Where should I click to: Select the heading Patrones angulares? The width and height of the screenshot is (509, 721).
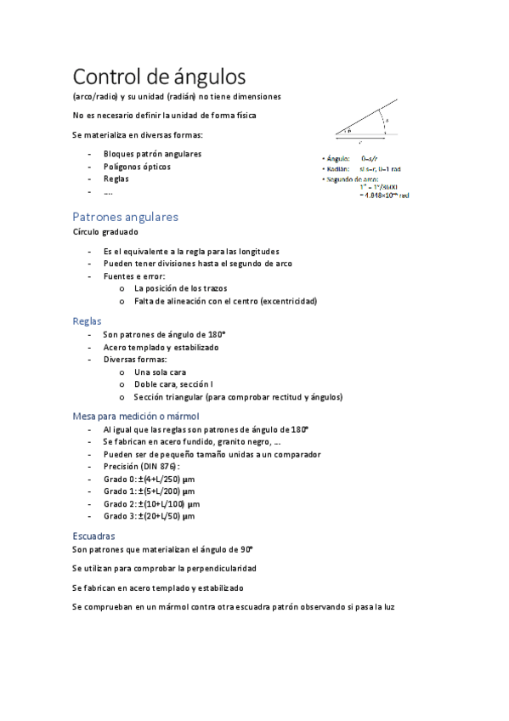click(125, 216)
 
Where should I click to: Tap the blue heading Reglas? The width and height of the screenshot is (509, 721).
click(87, 321)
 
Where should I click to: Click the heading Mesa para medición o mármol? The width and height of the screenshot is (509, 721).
click(135, 416)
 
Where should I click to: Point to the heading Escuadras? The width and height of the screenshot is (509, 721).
click(93, 536)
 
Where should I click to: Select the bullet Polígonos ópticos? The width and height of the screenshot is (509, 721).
click(137, 167)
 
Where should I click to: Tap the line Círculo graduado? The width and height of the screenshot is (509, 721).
click(105, 231)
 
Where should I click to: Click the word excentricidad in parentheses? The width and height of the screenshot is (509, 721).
click(288, 301)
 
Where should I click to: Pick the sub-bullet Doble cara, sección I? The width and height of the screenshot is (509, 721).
click(173, 384)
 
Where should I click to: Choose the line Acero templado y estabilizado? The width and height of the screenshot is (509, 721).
click(161, 347)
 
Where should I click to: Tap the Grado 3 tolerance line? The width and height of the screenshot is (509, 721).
click(150, 515)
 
